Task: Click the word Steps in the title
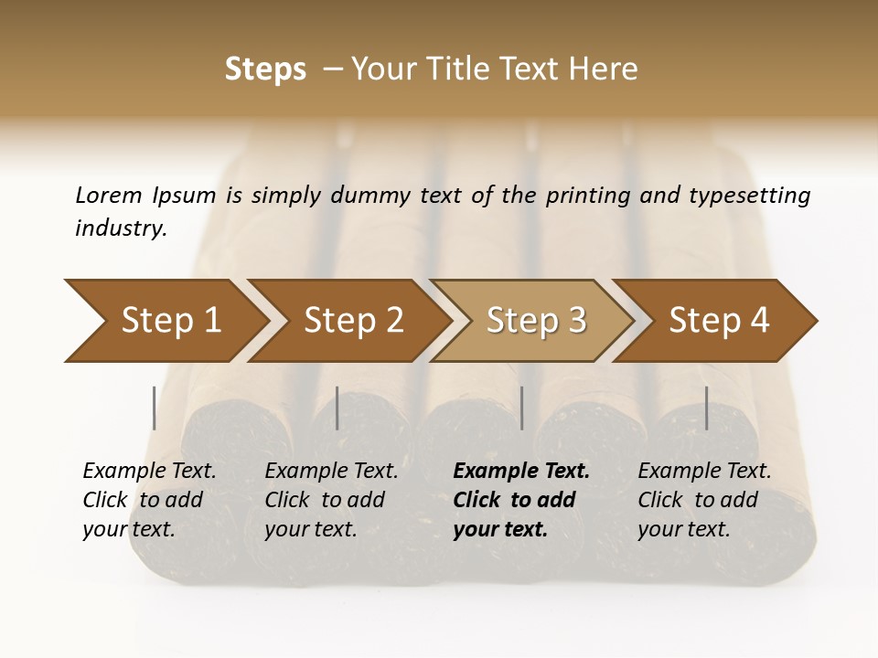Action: coord(265,69)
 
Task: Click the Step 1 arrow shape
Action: coord(171,321)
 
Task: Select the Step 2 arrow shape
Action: coord(354,321)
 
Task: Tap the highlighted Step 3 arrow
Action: coord(536,321)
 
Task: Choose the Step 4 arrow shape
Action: coord(719,321)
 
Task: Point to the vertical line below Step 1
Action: coord(155,408)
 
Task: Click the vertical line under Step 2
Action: coord(337,408)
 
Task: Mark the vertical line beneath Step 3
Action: coord(522,408)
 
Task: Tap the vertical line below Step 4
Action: coord(707,408)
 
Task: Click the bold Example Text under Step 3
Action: coord(521,472)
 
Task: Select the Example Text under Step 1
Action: coord(149,472)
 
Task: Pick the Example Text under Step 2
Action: coord(331,472)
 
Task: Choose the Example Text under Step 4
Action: coord(704,472)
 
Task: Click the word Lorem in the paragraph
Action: coord(108,195)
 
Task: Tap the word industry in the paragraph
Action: coord(121,228)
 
